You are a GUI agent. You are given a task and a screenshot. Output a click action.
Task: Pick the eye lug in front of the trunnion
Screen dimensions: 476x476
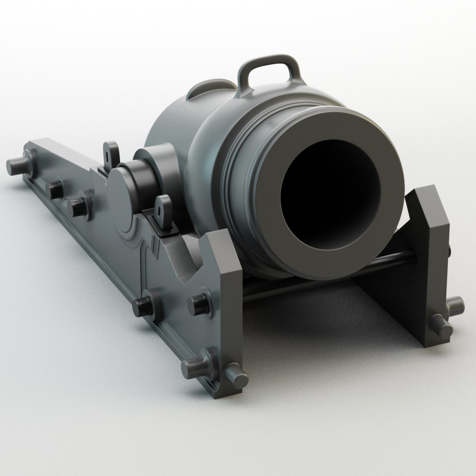(164, 210)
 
